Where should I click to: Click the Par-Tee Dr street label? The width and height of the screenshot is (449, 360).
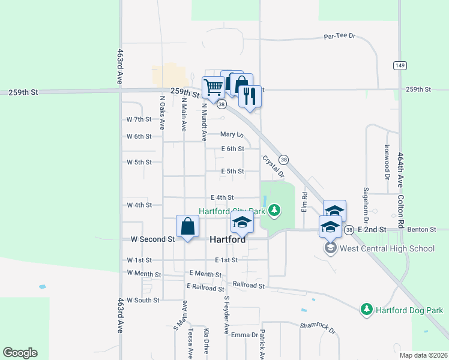(340, 36)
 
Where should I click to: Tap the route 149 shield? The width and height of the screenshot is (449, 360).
(399, 65)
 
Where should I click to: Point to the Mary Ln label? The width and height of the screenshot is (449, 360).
(232, 134)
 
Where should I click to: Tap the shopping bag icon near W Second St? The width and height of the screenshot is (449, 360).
(187, 227)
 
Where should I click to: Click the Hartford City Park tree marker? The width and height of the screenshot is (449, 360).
(274, 210)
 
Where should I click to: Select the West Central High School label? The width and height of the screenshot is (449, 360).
(387, 248)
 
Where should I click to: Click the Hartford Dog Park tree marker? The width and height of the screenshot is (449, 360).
(366, 310)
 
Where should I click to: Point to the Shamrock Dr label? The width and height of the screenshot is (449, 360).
(318, 327)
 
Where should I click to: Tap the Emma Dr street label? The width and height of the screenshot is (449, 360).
(244, 335)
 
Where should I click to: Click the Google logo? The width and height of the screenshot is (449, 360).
(20, 353)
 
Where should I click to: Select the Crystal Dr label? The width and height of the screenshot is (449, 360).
(272, 167)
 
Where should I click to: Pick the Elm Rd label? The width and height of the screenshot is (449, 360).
(304, 202)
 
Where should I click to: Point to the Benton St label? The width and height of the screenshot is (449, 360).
(420, 230)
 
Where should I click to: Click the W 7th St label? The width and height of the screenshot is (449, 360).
(139, 119)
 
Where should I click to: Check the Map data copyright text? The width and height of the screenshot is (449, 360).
(423, 355)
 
